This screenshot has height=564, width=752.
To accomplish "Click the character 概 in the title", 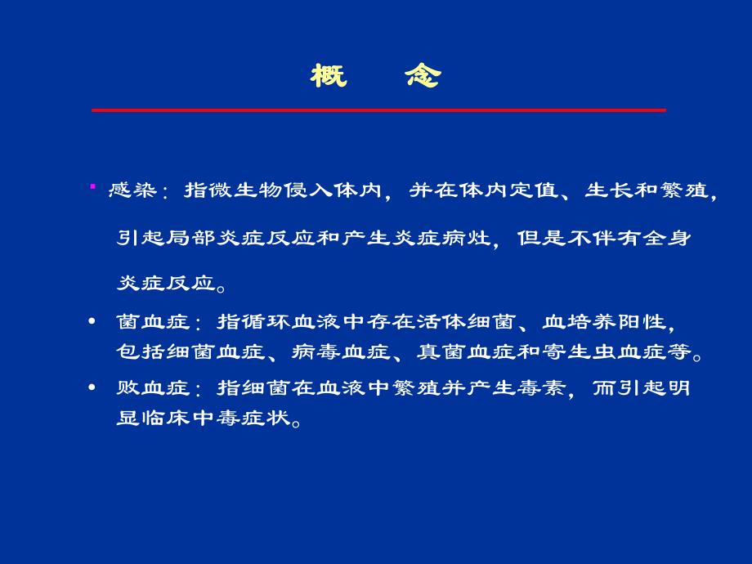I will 329,77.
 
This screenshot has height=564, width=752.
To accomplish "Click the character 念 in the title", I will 423,77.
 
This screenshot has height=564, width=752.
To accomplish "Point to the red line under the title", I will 378,110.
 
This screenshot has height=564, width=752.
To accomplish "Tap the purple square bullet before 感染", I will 92,187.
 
